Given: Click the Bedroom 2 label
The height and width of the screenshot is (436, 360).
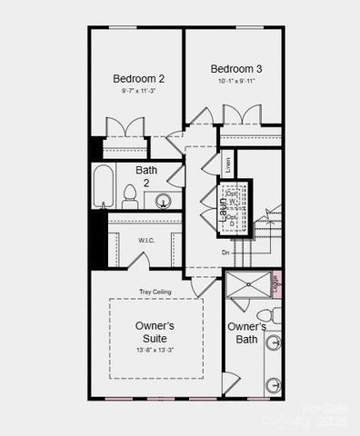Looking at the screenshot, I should coord(138,78).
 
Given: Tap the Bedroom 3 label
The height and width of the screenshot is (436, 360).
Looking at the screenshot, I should coord(236,69).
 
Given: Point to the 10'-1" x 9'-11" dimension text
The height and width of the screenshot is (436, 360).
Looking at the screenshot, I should coord(236,82).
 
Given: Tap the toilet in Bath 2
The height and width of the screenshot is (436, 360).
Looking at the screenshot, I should coord(130,196).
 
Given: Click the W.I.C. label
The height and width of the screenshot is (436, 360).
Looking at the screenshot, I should coord(146,240).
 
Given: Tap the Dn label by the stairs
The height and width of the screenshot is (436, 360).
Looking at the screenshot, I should coord(225,252).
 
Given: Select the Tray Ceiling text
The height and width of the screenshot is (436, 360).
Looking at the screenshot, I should coord(155,292).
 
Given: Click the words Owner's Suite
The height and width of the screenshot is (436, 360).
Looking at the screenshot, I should coord(155,332).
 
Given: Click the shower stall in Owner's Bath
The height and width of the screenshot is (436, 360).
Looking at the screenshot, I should coord(247,285).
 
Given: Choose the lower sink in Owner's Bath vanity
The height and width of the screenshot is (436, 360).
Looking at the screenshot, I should coord(274,384).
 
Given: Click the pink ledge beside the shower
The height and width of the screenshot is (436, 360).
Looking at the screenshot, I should coord(277,284).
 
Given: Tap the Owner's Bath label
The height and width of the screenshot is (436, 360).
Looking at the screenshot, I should coord(246,332).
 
